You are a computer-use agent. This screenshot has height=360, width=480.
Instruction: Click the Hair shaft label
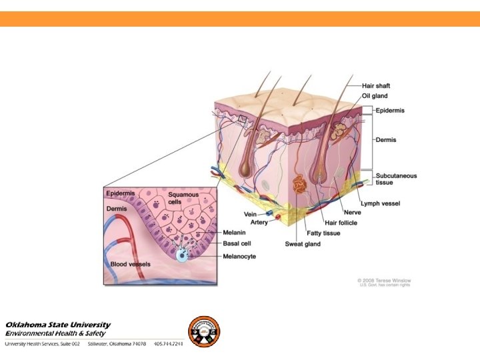[x=376, y=86]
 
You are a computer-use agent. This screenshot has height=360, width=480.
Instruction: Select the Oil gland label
[x=375, y=96]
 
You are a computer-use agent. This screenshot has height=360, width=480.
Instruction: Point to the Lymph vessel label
[x=380, y=203]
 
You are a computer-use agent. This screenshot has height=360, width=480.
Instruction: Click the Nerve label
[x=352, y=213]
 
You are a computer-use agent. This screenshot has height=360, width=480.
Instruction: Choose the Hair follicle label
[x=341, y=223]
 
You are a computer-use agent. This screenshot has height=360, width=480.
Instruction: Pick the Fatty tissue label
[x=323, y=233]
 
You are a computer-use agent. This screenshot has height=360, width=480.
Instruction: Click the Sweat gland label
[x=303, y=244]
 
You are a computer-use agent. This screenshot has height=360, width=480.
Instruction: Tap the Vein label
[x=250, y=214]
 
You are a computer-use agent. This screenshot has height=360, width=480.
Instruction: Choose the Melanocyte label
[x=239, y=256]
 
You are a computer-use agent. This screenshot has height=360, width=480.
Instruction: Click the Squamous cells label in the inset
[x=183, y=199]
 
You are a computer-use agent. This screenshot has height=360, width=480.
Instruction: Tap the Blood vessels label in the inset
[x=130, y=264]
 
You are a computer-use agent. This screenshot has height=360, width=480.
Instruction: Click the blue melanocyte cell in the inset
[x=182, y=255]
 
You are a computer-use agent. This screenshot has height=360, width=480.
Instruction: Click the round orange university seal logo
[x=203, y=331]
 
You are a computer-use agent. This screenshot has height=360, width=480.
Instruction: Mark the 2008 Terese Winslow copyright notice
[x=384, y=281]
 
